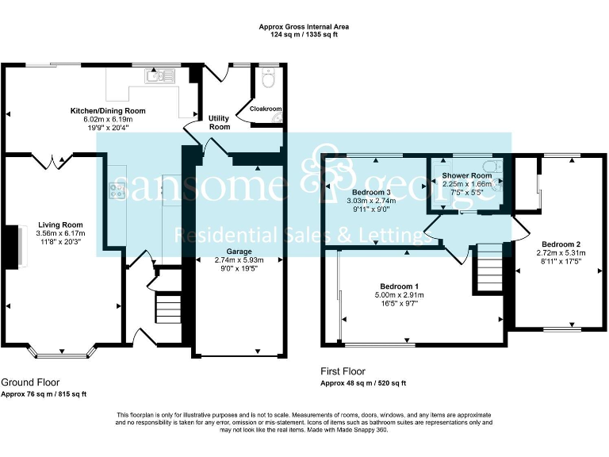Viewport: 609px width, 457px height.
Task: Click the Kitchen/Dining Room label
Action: (x=108, y=111)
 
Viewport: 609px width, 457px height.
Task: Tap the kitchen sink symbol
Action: (x=160, y=76)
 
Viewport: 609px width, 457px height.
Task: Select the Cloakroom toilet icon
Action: (x=268, y=78)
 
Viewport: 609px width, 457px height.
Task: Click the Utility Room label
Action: (x=219, y=122)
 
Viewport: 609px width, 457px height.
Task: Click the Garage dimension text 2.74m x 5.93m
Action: (x=239, y=260)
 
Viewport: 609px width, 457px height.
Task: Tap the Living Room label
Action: (x=60, y=225)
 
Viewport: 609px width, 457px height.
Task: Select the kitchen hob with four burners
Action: (x=117, y=190)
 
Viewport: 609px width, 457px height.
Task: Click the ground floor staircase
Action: (x=169, y=309)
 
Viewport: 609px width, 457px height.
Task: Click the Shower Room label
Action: (x=467, y=175)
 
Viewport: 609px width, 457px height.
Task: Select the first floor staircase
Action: (x=488, y=267)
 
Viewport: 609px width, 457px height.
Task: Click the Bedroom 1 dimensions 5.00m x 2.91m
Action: (x=400, y=295)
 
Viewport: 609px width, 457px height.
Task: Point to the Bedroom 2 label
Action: (x=561, y=244)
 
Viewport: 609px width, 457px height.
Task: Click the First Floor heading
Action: (x=343, y=371)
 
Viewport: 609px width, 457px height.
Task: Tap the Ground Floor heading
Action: (x=30, y=382)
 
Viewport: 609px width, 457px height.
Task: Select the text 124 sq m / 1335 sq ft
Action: (x=304, y=34)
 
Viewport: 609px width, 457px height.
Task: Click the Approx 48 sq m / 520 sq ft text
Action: (x=363, y=383)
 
